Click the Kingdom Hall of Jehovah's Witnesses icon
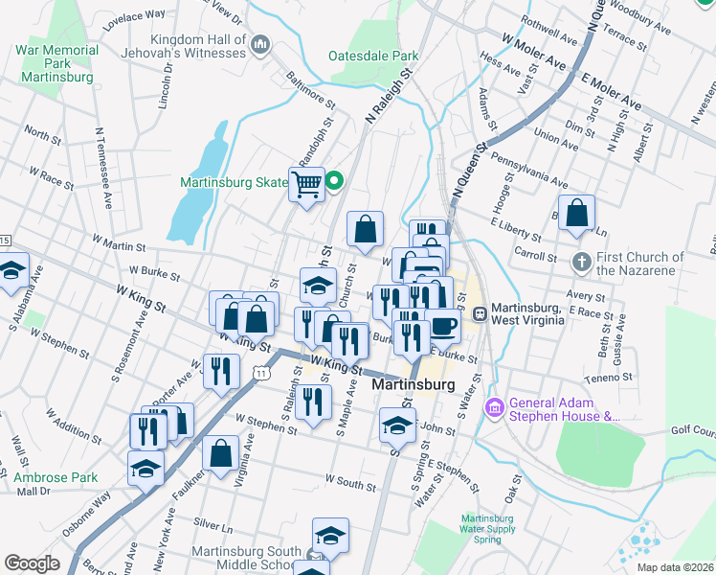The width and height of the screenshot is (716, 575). [260, 44]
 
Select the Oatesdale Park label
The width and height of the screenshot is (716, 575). [373, 57]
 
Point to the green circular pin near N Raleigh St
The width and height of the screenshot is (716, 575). [335, 179]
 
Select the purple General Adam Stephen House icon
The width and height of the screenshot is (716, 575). [495, 408]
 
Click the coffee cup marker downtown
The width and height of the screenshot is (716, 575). [443, 326]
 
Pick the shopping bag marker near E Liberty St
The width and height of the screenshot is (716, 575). [576, 214]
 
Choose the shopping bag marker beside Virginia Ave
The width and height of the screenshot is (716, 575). [220, 454]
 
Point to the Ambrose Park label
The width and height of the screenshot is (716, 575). [56, 477]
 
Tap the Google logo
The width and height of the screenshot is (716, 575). [32, 563]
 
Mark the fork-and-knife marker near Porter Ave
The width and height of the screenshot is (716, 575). [221, 372]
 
